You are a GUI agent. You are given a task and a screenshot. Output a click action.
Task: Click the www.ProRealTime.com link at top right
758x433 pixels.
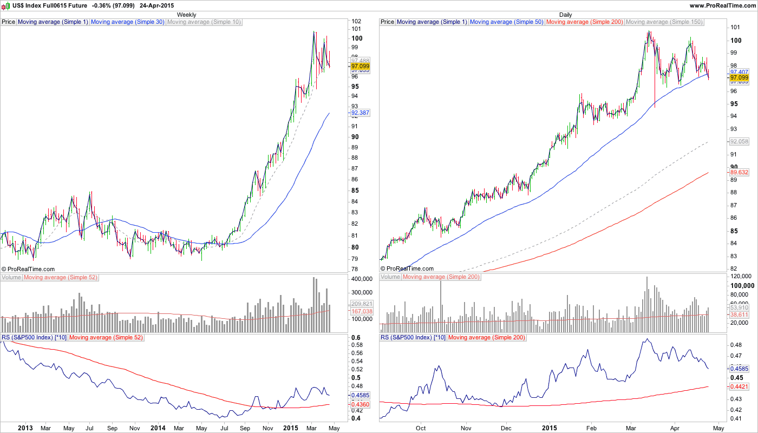click(x=722, y=5)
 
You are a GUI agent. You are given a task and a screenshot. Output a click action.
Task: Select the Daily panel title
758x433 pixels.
click(x=565, y=15)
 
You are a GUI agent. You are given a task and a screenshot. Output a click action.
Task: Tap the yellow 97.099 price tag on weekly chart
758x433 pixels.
click(x=361, y=65)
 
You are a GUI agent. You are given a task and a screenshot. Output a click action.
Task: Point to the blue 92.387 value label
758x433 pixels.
click(x=361, y=113)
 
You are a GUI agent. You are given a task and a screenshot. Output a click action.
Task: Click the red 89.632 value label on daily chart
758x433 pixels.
click(x=739, y=172)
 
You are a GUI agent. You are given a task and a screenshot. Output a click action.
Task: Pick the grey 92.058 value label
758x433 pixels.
click(x=739, y=141)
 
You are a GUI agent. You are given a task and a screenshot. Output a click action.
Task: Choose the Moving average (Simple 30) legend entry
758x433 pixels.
click(x=128, y=22)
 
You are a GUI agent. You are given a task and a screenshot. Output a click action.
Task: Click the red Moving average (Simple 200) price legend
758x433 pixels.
click(x=585, y=22)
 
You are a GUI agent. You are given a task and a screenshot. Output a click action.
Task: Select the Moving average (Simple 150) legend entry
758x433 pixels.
click(x=664, y=22)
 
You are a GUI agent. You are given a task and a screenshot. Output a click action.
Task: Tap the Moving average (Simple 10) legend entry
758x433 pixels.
click(x=204, y=22)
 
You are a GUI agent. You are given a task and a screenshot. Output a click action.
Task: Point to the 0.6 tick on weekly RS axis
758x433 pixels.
click(x=356, y=337)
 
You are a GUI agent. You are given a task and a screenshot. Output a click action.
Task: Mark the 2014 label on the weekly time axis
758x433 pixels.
click(x=158, y=428)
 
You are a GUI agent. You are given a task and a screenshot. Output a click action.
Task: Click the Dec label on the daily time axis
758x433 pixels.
click(x=506, y=428)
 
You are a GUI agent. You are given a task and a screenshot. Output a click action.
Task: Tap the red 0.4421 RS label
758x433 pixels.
click(x=740, y=386)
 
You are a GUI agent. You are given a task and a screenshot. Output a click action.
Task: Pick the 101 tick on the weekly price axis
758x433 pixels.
click(x=356, y=29)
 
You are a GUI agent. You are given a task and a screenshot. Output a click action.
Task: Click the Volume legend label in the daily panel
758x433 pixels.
click(x=390, y=277)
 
